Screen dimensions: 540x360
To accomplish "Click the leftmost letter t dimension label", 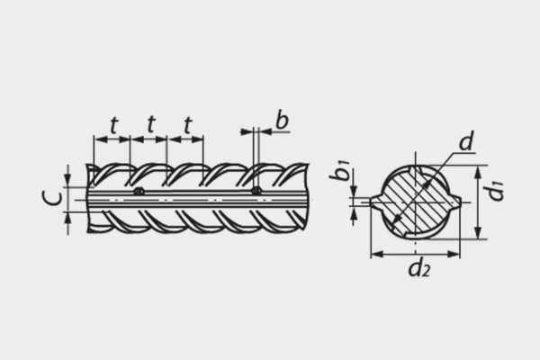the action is [x=114, y=125].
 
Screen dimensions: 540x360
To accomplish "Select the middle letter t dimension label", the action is [x=151, y=124].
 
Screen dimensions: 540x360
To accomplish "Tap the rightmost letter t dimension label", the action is [x=188, y=125].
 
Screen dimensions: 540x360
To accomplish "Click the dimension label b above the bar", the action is [x=282, y=121].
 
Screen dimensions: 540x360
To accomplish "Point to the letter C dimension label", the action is [x=52, y=199].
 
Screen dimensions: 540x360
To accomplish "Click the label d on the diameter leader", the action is [x=466, y=141].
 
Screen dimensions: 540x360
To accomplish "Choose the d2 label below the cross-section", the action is [x=419, y=267].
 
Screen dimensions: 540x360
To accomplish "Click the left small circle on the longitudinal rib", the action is [x=139, y=191].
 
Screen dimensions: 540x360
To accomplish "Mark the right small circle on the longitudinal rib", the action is [x=256, y=191].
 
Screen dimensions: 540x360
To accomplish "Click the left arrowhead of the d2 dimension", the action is [x=376, y=254].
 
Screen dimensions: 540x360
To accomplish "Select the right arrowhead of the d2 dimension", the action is [x=454, y=254].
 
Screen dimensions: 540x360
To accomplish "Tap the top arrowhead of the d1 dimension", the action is [x=478, y=172].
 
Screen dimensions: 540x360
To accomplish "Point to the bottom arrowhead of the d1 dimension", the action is [x=478, y=232].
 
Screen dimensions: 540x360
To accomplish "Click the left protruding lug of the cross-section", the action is [x=376, y=202].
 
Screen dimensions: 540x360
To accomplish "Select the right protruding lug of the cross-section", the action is [x=454, y=202].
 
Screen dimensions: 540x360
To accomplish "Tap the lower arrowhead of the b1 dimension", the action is [x=354, y=213].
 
